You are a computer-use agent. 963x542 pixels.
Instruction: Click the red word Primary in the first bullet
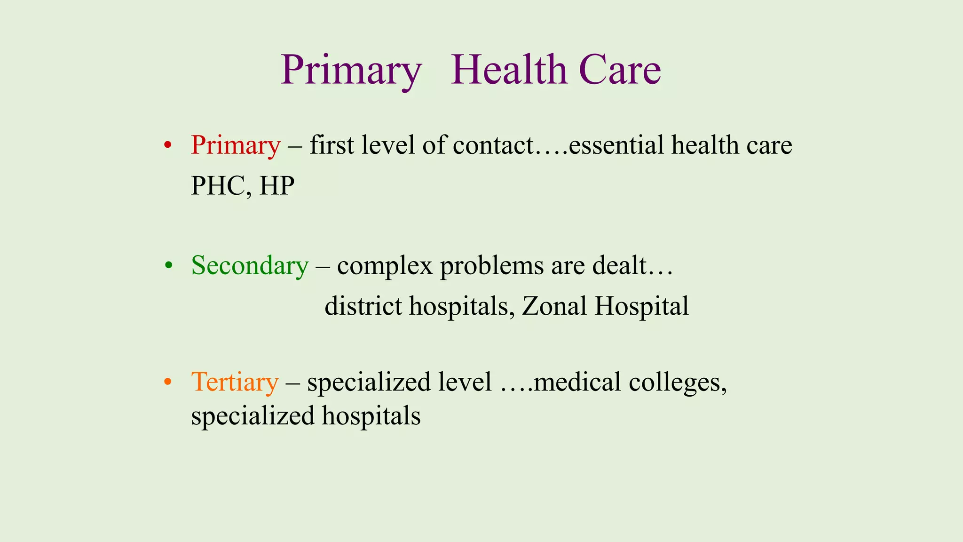click(x=236, y=145)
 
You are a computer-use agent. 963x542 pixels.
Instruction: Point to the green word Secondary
click(x=250, y=266)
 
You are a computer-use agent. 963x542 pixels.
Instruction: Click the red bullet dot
click(x=167, y=145)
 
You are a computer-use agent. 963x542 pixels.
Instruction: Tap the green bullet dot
click(x=168, y=266)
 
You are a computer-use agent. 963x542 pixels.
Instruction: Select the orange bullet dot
click(x=167, y=382)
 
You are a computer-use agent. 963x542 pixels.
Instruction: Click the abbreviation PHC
click(x=217, y=186)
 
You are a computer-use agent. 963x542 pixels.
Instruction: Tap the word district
click(x=363, y=306)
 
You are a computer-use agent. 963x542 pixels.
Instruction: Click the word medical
click(x=577, y=382)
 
